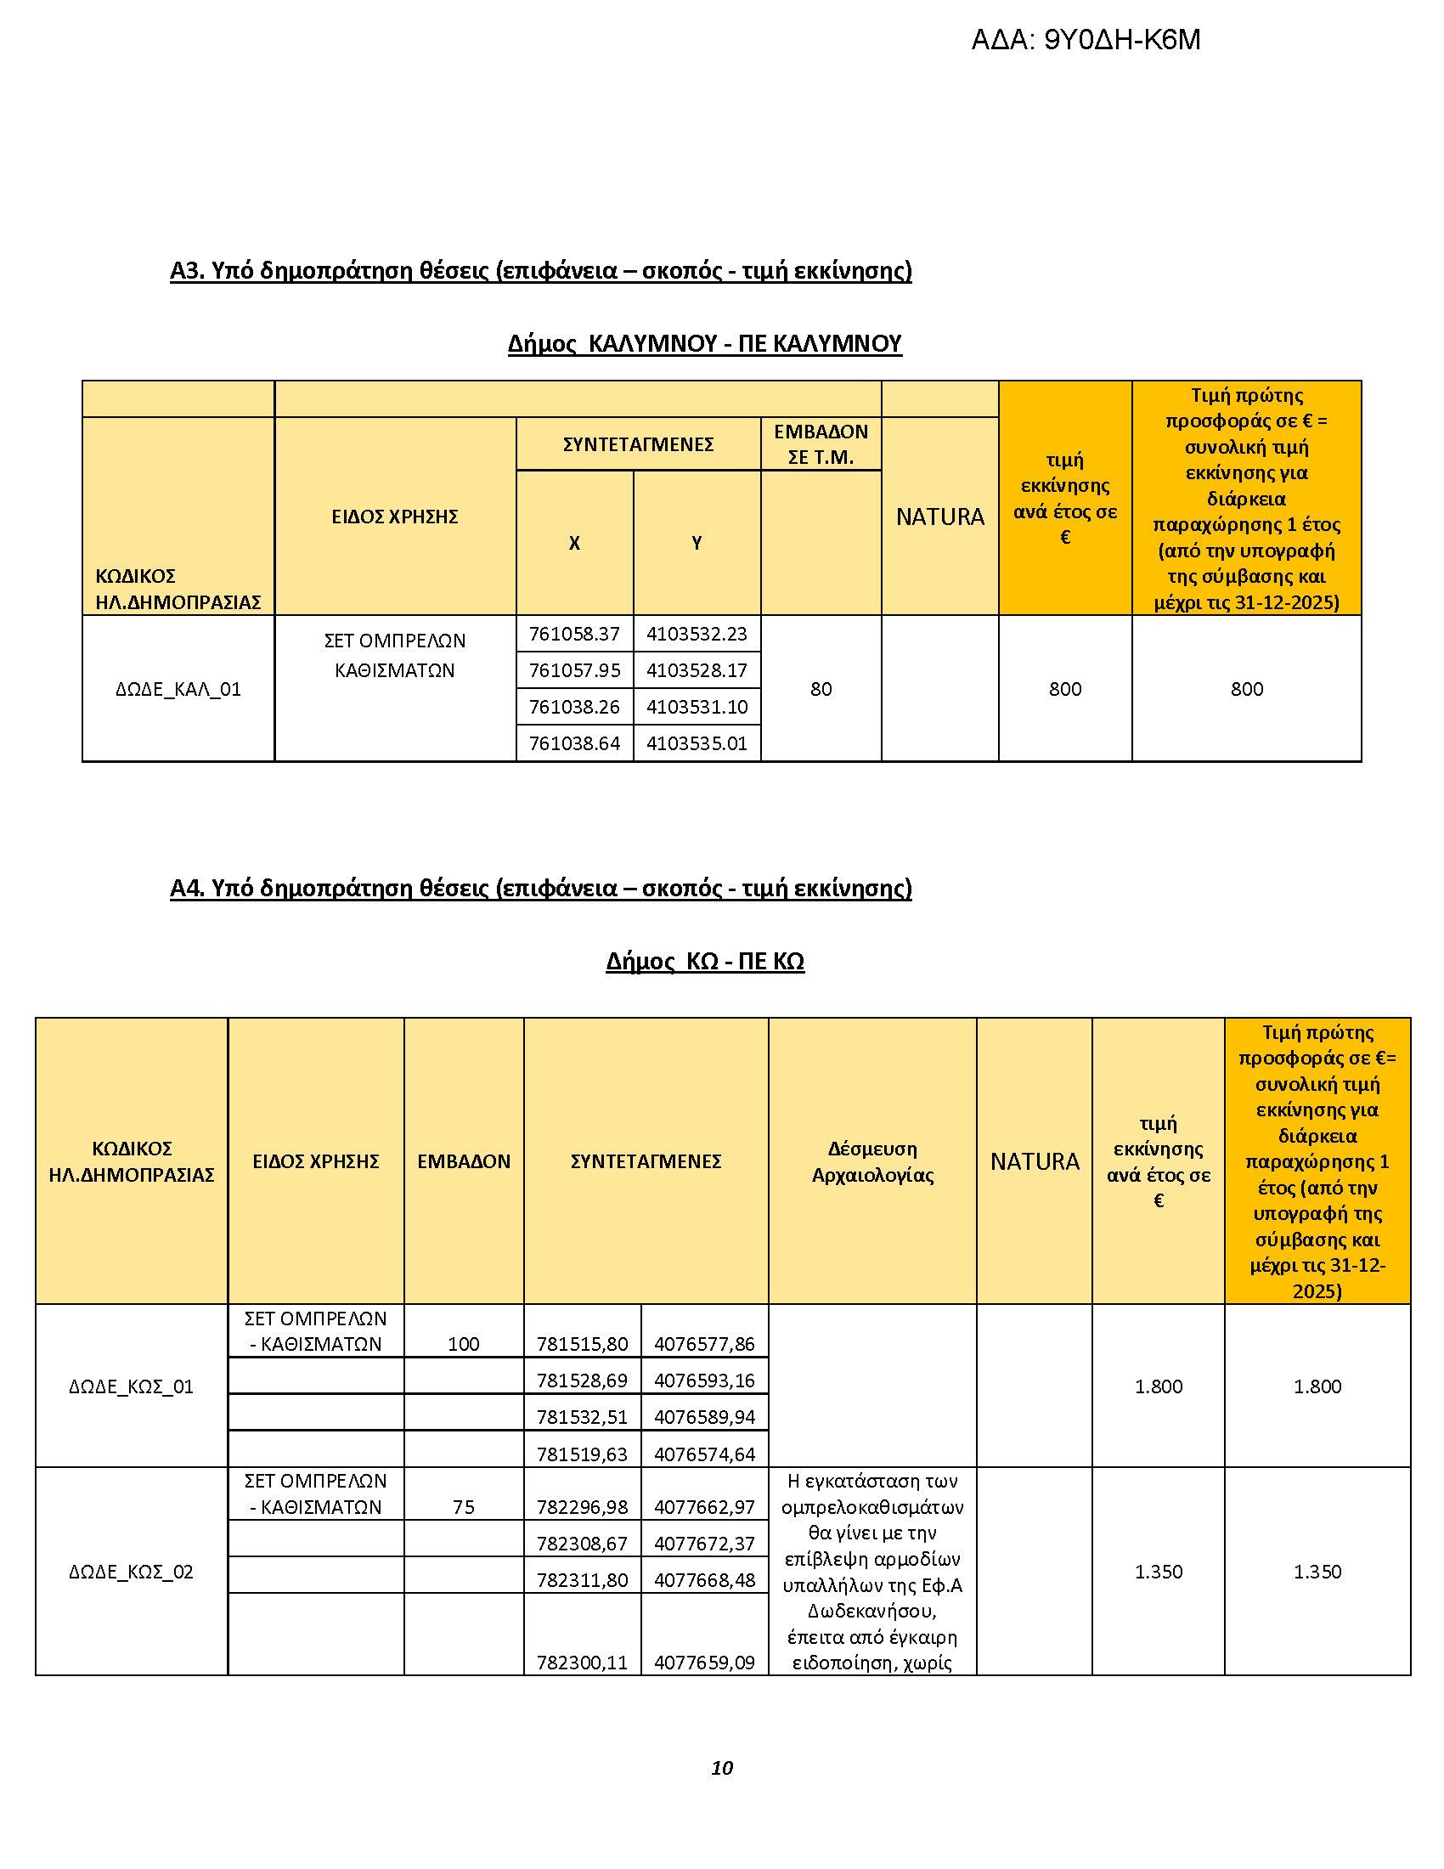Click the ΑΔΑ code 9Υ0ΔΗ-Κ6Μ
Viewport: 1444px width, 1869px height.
[1086, 40]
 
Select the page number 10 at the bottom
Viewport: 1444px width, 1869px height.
[721, 1768]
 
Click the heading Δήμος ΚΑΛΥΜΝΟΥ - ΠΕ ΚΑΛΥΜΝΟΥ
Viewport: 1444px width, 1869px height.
[704, 344]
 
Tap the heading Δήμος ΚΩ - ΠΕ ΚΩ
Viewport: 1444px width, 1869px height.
[704, 962]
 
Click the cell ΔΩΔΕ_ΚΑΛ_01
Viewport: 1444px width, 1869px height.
[178, 689]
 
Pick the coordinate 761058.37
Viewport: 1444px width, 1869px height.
[574, 634]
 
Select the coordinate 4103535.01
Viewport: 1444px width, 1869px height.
[697, 743]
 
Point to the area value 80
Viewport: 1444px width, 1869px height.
[821, 689]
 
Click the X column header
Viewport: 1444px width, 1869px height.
[574, 543]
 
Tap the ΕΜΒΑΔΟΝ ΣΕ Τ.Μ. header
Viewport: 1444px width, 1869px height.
[821, 444]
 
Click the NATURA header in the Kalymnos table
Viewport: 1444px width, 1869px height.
[939, 517]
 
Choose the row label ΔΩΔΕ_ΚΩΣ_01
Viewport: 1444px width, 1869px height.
[131, 1386]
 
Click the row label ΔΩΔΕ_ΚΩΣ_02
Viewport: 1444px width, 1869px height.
[131, 1571]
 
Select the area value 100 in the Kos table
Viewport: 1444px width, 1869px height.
[463, 1345]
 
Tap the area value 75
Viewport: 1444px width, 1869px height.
[463, 1507]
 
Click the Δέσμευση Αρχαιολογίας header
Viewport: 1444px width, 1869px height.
[871, 1161]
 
